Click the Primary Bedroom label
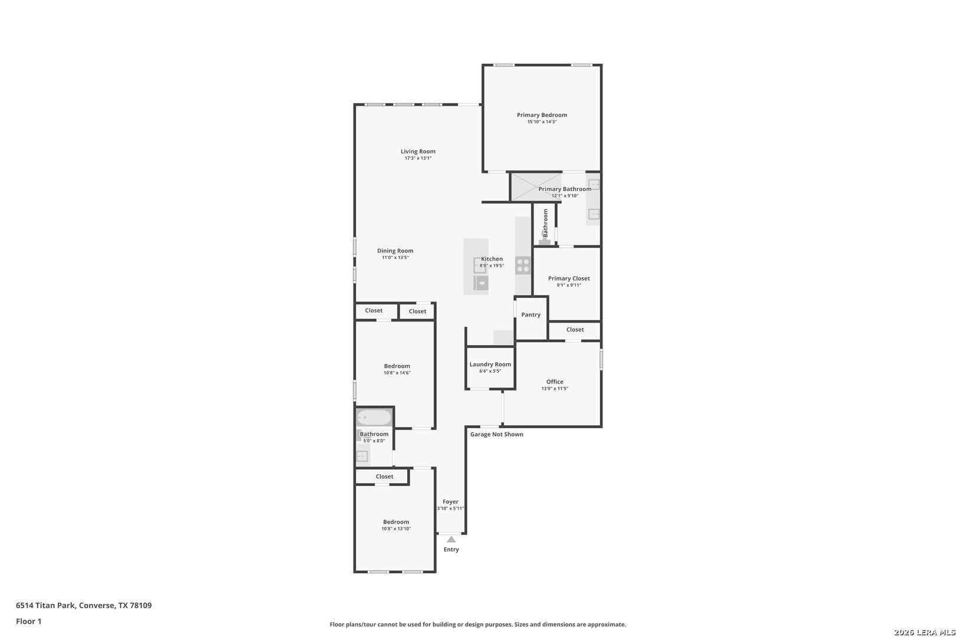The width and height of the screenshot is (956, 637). pyautogui.click(x=542, y=115)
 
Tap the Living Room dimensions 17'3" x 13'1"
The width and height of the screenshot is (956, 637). pyautogui.click(x=418, y=158)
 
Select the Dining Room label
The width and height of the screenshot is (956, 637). pyautogui.click(x=395, y=251)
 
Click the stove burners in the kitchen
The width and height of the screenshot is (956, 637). pyautogui.click(x=523, y=265)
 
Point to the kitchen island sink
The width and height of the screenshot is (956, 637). pyautogui.click(x=479, y=265)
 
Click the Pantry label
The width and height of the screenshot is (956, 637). pyautogui.click(x=531, y=315)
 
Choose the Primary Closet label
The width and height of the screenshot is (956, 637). pyautogui.click(x=569, y=278)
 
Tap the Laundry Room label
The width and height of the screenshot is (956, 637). pyautogui.click(x=490, y=365)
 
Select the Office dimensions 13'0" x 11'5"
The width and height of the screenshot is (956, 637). pyautogui.click(x=555, y=389)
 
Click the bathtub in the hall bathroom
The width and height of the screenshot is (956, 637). pyautogui.click(x=374, y=418)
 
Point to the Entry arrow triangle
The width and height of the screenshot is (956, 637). pyautogui.click(x=451, y=539)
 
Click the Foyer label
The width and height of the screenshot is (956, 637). pyautogui.click(x=450, y=502)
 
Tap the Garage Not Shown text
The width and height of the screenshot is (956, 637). pyautogui.click(x=496, y=435)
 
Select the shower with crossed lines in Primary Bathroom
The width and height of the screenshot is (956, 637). pyautogui.click(x=535, y=186)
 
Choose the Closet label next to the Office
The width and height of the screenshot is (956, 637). pyautogui.click(x=575, y=330)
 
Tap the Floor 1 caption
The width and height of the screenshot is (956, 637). pyautogui.click(x=28, y=621)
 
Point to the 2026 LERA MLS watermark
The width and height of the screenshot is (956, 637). pyautogui.click(x=924, y=632)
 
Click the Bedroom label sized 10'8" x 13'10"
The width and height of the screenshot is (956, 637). pyautogui.click(x=396, y=522)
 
